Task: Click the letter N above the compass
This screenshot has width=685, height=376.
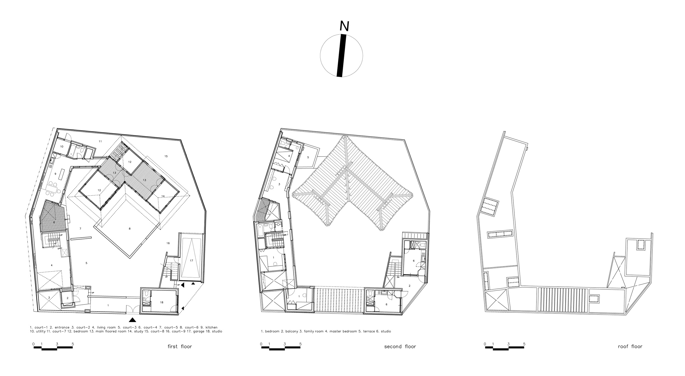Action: coord(344,26)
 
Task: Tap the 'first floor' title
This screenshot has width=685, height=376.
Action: coord(180,346)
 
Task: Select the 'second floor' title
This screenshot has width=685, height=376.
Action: coord(400,346)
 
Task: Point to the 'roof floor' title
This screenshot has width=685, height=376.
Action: coord(630,346)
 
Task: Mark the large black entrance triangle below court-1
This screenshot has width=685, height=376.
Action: coord(133,320)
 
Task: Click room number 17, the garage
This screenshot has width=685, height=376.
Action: coord(192,261)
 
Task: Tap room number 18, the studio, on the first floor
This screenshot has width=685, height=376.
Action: coord(162,302)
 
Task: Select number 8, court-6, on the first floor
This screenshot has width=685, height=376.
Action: coord(130,229)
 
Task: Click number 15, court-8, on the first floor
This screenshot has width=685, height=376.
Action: coord(166,156)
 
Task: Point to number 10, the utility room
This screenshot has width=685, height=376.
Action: coord(62,147)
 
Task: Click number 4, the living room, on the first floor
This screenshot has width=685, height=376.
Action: coord(52,265)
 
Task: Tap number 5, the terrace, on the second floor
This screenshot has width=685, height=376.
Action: coord(308,157)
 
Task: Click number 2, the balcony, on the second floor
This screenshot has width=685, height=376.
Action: coord(409,286)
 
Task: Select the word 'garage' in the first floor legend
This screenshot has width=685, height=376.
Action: coord(201,331)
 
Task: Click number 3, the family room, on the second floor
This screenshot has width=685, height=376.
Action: coord(279,184)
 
